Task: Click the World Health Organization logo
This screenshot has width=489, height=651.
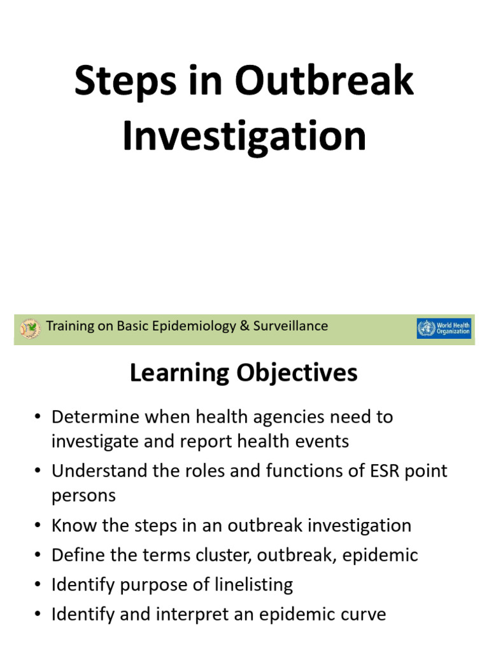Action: click(444, 328)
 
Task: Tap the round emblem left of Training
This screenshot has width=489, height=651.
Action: click(29, 328)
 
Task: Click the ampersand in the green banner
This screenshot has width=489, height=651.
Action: click(244, 326)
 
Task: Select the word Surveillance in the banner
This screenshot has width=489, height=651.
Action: click(291, 326)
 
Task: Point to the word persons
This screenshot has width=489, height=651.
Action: click(83, 496)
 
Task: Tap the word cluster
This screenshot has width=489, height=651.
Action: click(231, 555)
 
